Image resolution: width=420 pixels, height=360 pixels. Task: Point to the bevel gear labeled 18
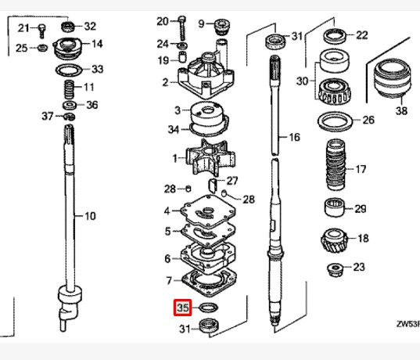pyautogui.click(x=336, y=239)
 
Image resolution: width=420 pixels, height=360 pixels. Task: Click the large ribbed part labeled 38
pyautogui.click(x=390, y=81)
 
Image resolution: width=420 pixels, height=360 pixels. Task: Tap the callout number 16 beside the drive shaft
pyautogui.click(x=294, y=138)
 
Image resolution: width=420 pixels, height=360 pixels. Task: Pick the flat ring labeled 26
pyautogui.click(x=338, y=121)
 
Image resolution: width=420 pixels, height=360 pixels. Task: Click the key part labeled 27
pyautogui.click(x=212, y=185)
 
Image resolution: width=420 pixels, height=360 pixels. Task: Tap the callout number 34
pyautogui.click(x=173, y=128)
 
